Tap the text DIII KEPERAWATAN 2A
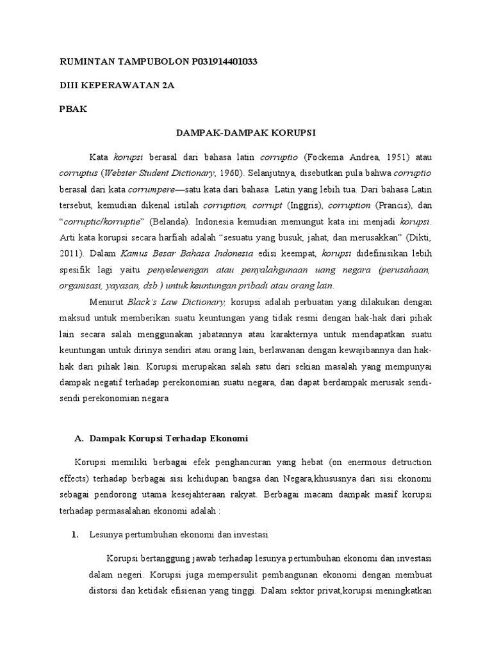click(116, 84)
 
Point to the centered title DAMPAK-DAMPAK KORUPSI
click(246, 132)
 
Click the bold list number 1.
click(74, 534)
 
